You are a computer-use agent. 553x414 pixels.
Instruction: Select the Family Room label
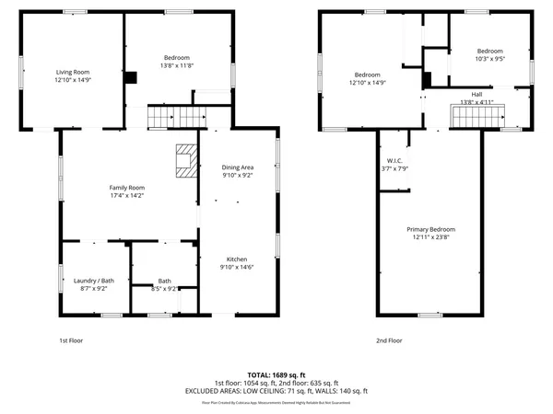click(127, 190)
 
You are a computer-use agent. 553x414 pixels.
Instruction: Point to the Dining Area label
click(238, 171)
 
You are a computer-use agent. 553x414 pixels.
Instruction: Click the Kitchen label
click(238, 263)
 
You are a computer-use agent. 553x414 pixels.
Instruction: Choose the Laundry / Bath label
click(93, 284)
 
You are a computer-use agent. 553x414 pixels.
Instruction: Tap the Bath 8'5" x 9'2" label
click(164, 284)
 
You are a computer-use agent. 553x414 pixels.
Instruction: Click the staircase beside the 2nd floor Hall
click(478, 116)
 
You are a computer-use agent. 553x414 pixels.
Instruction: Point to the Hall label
click(477, 98)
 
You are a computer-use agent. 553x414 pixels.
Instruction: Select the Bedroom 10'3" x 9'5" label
click(489, 54)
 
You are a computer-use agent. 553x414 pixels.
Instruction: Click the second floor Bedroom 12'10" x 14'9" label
click(368, 78)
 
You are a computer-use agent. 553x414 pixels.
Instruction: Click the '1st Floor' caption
click(71, 340)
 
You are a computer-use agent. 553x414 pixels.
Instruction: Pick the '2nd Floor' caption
click(389, 340)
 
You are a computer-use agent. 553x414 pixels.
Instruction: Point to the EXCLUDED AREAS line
click(276, 390)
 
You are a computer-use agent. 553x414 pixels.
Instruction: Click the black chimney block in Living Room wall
click(131, 78)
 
